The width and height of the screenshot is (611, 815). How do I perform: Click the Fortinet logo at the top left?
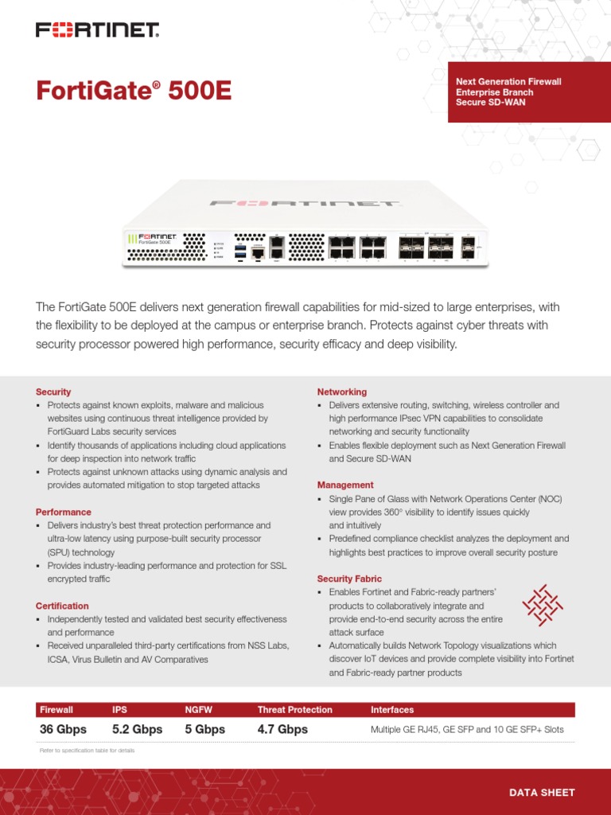click(x=98, y=30)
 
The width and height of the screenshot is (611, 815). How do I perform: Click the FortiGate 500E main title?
click(x=134, y=91)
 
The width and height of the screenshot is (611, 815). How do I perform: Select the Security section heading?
click(x=53, y=392)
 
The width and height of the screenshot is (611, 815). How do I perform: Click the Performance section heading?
click(x=64, y=512)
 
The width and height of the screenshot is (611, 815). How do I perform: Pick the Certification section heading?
click(x=62, y=606)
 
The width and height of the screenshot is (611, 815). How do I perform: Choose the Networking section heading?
click(x=342, y=392)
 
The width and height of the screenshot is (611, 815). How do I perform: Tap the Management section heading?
click(x=345, y=485)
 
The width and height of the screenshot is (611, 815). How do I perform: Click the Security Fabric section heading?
click(x=349, y=579)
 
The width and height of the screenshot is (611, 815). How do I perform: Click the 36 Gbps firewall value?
click(x=63, y=729)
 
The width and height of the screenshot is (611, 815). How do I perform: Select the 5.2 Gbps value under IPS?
click(x=137, y=729)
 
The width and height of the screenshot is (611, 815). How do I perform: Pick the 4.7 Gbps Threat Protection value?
click(x=282, y=729)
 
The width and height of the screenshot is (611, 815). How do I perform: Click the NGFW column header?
click(x=198, y=709)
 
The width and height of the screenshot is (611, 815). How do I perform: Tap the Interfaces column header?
click(x=392, y=709)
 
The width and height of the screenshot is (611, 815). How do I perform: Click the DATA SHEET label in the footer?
click(x=542, y=792)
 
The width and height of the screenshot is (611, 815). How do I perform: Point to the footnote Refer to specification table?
click(x=87, y=751)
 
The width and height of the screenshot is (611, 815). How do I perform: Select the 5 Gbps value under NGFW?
click(x=204, y=729)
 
